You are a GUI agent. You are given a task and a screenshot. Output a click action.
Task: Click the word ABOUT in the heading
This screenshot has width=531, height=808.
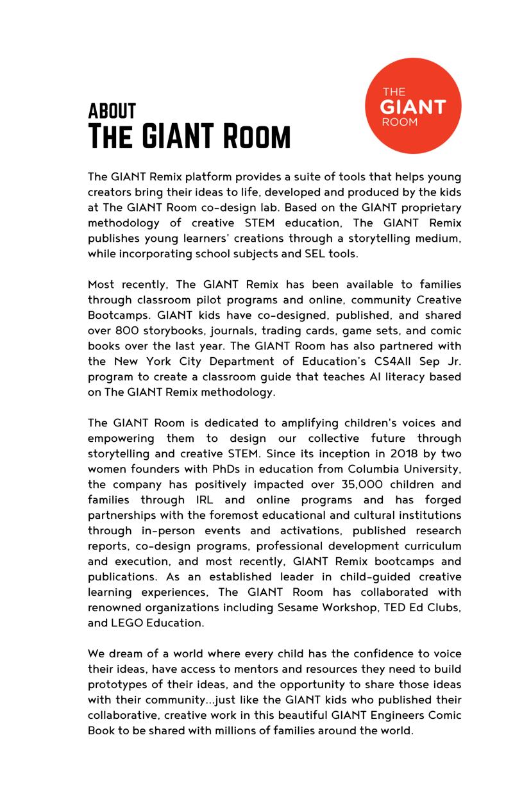[112, 111]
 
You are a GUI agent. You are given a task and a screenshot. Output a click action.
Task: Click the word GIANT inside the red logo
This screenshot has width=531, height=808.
[412, 106]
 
